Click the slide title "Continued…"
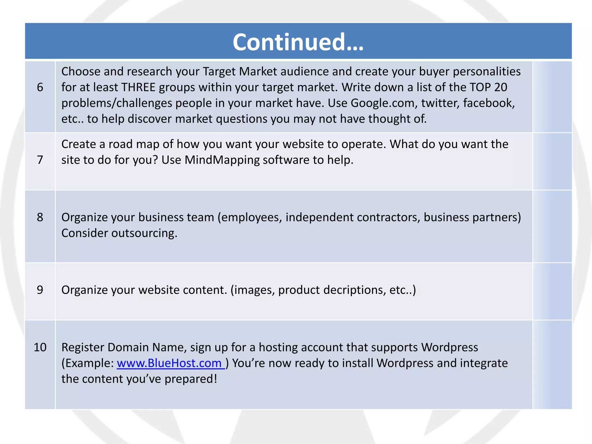pos(298,42)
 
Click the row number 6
pos(40,87)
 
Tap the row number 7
pos(40,160)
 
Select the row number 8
pos(40,217)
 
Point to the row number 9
pos(40,290)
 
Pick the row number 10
pos(40,347)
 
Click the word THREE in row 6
pos(138,87)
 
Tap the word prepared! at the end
pos(191,379)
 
